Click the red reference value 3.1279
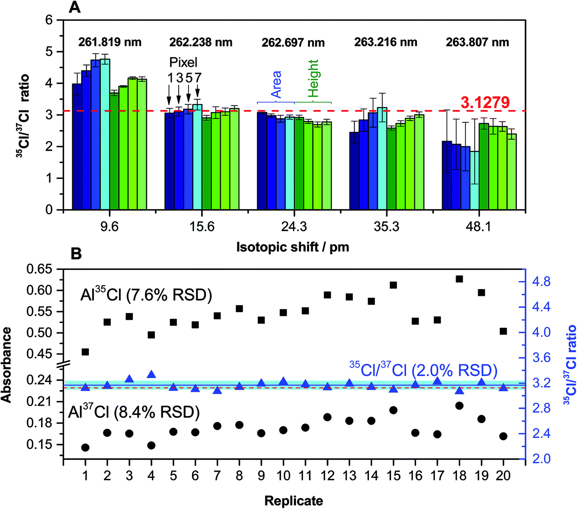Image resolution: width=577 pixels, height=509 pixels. (x=485, y=102)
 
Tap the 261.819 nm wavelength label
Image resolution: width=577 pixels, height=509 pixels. (x=110, y=42)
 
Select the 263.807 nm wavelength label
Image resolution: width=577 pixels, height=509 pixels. (x=477, y=42)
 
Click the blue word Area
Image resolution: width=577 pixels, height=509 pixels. (x=276, y=85)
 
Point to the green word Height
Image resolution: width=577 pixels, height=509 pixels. (x=313, y=79)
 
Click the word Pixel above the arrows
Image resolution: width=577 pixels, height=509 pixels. (x=183, y=62)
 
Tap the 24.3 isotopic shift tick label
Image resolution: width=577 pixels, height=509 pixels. (x=294, y=226)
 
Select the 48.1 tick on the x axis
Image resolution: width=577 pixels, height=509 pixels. (x=478, y=226)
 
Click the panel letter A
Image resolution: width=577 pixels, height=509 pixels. (x=75, y=7)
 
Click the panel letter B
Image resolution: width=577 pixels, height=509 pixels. (x=76, y=253)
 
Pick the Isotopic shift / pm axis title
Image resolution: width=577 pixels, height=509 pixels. (x=293, y=247)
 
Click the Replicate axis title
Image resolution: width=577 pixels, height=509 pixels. (x=293, y=501)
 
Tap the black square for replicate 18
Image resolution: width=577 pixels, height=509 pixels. (x=459, y=279)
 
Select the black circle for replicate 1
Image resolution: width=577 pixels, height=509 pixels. (x=85, y=447)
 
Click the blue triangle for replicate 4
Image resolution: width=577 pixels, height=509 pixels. (x=151, y=374)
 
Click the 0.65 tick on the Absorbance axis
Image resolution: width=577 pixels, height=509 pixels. (x=39, y=269)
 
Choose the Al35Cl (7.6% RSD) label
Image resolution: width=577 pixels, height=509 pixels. (x=146, y=295)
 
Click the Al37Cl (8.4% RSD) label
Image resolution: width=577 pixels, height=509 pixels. (x=134, y=412)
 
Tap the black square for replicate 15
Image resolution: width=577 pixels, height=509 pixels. (x=393, y=285)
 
